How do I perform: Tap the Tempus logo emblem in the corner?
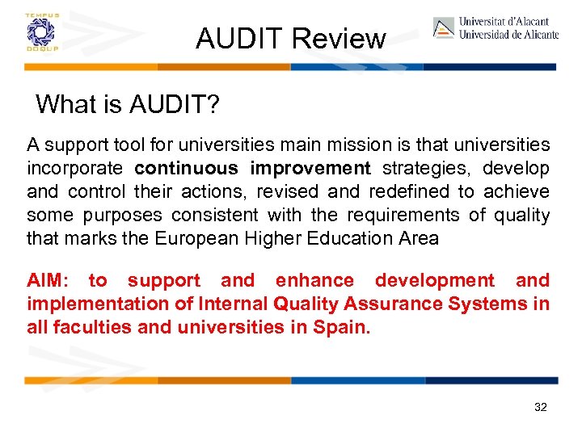(36, 32)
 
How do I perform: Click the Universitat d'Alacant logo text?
(508, 28)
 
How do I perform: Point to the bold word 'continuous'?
(187, 169)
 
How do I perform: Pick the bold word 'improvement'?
(310, 169)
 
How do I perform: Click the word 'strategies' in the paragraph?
(428, 169)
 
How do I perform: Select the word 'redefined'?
(410, 192)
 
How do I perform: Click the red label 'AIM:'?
(48, 281)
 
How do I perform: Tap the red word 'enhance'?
(314, 281)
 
